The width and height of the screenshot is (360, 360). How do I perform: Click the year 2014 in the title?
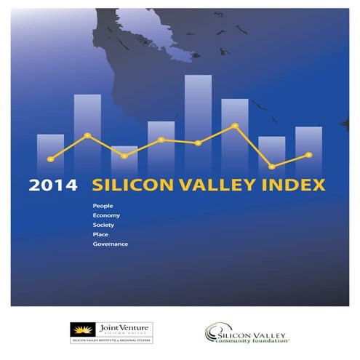coord(53,185)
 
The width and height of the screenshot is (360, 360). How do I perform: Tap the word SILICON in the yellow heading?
coord(127,185)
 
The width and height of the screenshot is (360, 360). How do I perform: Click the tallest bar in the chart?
coord(198,124)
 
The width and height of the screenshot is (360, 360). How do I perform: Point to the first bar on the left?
coord(50,153)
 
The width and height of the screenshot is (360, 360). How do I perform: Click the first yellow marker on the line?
coord(50,159)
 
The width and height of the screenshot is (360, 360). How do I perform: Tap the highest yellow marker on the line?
coord(235,126)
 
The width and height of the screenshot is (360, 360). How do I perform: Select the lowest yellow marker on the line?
coord(272,167)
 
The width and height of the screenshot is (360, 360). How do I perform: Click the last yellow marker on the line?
coord(309,154)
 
